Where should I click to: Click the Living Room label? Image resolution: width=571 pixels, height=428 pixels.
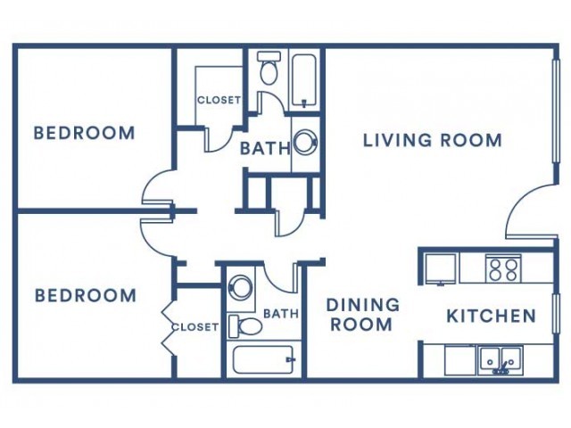[x=433, y=140]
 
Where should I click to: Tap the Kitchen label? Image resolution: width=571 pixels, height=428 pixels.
[x=492, y=316]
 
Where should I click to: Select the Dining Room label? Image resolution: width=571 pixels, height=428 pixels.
[x=363, y=315]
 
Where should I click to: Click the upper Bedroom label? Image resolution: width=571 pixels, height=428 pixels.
[x=84, y=133]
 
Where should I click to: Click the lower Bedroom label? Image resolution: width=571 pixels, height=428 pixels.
[x=86, y=295]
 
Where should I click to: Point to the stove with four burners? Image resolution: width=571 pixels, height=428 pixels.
[x=503, y=268]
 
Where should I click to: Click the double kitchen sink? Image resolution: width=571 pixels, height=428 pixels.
[x=501, y=360]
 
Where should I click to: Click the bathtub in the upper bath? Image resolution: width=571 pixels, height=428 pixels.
[x=304, y=80]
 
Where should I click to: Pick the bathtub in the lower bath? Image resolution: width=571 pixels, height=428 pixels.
[x=263, y=360]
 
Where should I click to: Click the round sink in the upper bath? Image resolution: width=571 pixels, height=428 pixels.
[x=305, y=142]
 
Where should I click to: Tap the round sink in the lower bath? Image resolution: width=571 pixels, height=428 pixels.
[x=240, y=287]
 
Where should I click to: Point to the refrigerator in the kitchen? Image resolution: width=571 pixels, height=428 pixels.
[x=441, y=269]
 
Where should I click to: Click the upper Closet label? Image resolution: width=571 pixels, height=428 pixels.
[x=219, y=100]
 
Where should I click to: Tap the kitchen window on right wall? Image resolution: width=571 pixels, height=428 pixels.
[x=556, y=313]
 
